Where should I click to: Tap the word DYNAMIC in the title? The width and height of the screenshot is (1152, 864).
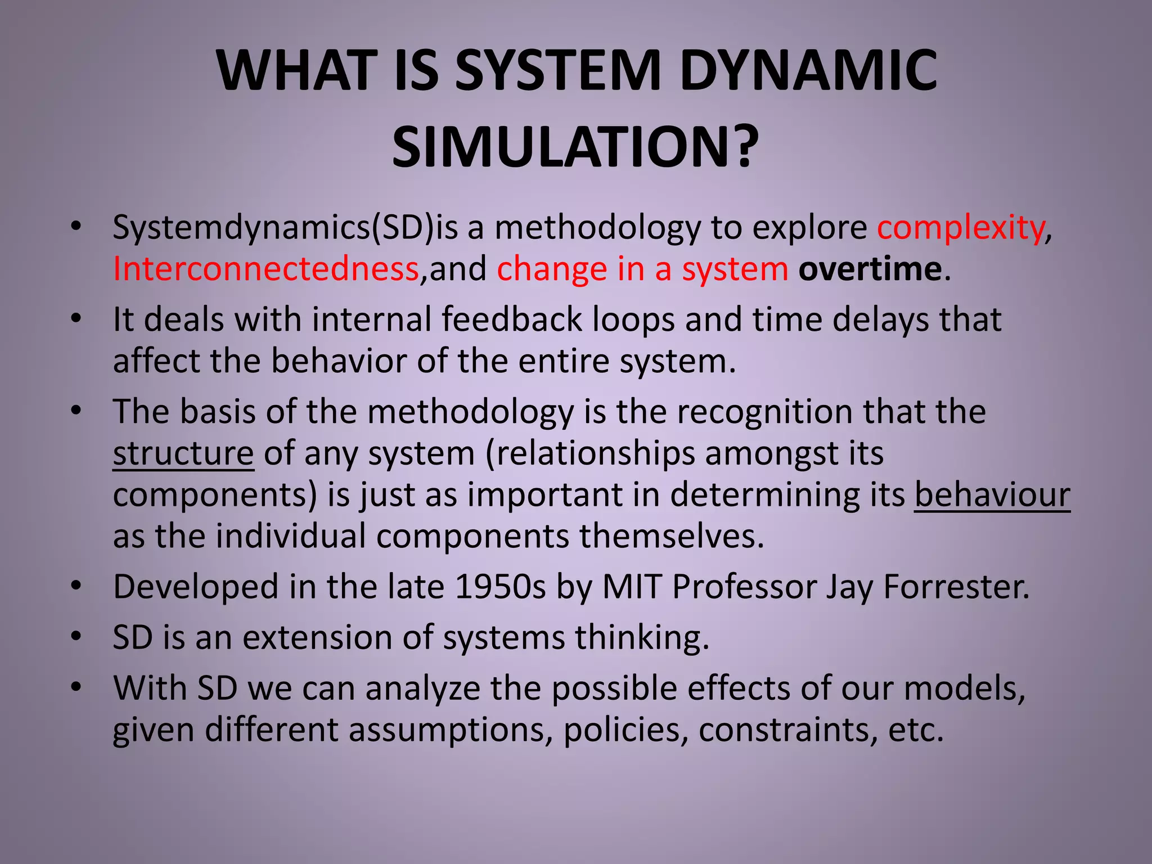click(x=808, y=71)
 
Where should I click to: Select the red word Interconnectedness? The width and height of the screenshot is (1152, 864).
click(x=265, y=269)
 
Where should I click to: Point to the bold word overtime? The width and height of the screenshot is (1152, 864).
click(x=870, y=269)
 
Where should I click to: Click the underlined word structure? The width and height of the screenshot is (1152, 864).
click(x=183, y=453)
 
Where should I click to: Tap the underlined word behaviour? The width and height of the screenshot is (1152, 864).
click(x=992, y=495)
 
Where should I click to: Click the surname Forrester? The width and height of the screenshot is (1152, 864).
click(x=956, y=587)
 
